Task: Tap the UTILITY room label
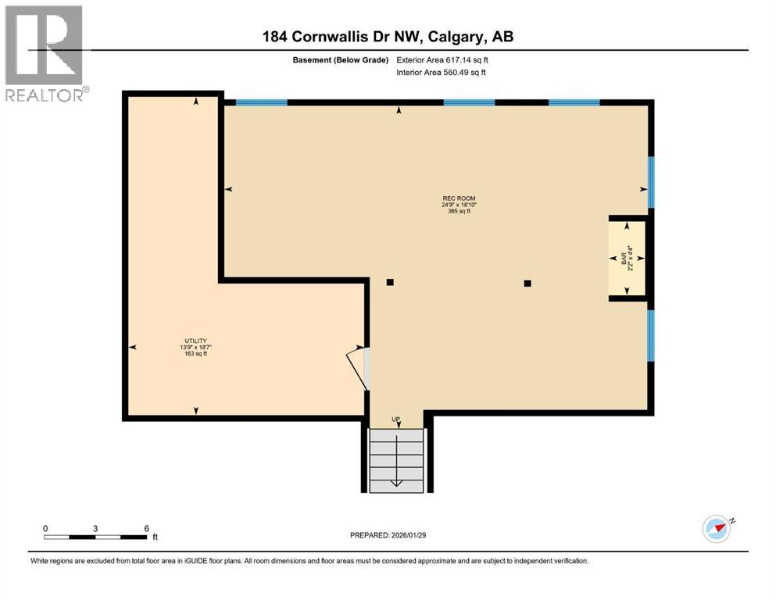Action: point(195,341)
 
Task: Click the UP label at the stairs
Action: point(396,420)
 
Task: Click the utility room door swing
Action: point(356,366)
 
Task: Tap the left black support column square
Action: point(390,283)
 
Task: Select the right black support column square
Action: point(527,284)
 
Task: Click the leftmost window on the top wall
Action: point(261,102)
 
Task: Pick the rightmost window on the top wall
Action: point(574,102)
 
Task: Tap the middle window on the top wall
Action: point(469,102)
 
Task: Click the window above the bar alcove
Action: point(650,182)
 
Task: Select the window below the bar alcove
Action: point(650,335)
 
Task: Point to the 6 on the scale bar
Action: point(146,528)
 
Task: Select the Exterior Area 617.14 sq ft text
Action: point(445,59)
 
